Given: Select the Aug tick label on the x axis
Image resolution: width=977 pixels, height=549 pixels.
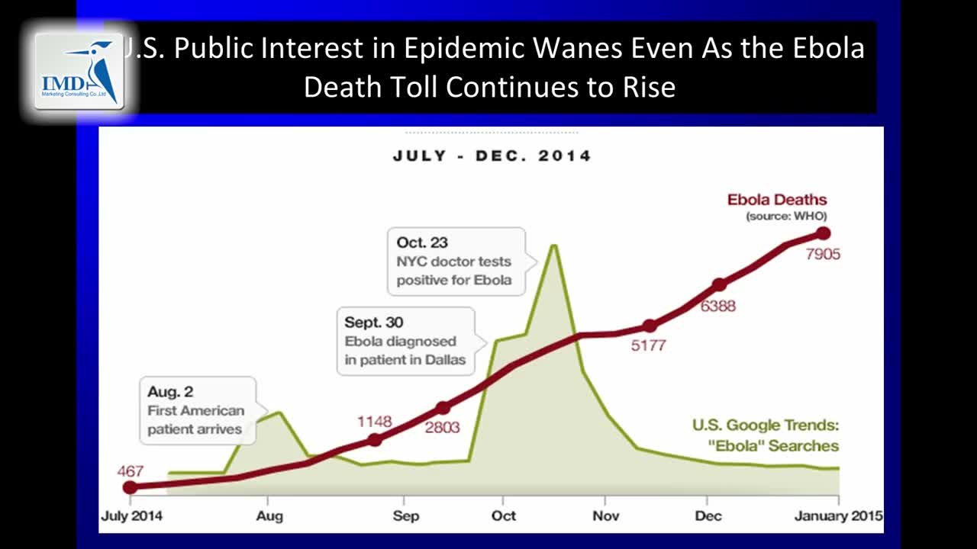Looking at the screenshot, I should pos(269,516).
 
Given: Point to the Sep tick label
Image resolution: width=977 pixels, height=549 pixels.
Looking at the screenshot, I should pos(406,516).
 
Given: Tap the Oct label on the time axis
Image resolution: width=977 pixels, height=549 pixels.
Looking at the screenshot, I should pos(504,516).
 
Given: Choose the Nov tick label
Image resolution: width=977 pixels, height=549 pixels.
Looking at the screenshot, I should pos(605,516).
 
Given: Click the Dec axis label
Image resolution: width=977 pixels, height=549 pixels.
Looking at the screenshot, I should pos(708,516).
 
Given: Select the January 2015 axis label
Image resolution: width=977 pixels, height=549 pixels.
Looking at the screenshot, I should pos(838,516).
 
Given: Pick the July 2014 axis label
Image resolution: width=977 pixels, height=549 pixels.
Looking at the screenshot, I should pos(131,516).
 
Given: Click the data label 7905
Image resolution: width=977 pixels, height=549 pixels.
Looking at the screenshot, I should pos(823,255).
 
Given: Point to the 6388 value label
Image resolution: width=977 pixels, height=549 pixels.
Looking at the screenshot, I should pos(718,307).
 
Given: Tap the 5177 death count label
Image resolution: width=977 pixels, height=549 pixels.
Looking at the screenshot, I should pos(648,345).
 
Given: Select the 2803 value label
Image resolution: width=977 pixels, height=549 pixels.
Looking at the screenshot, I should pos(443,427).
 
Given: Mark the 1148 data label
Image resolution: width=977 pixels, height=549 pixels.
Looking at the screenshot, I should pos(374,422).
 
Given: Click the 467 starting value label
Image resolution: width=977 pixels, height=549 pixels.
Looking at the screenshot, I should pos(131,470).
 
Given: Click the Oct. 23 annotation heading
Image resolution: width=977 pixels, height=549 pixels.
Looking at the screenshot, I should pos(422,242).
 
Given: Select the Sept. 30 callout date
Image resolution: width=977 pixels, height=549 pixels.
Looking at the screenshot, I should pos(374,323).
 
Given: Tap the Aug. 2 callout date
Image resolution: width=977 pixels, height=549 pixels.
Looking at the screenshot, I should pos(170,392).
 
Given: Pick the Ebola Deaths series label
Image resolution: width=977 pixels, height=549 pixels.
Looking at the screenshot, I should pos(776,201).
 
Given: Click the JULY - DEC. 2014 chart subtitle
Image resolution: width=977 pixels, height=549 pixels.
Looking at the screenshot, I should pos(492,156).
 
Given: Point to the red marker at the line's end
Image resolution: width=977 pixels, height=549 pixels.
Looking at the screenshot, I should pos(823,233).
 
